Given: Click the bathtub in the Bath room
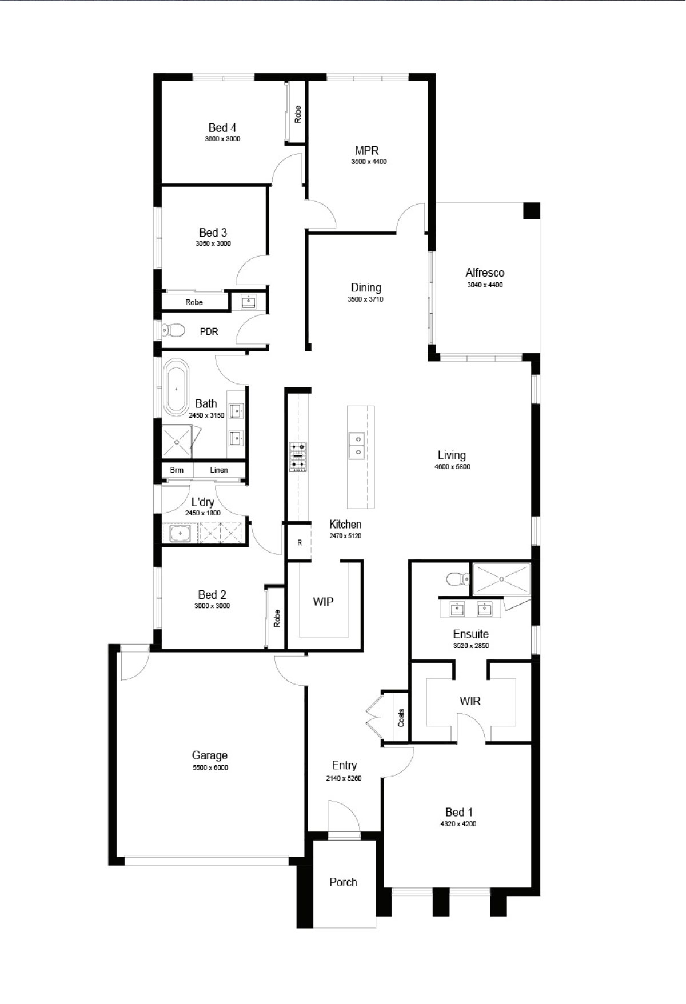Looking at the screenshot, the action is (x=176, y=387).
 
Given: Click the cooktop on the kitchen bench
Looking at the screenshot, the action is (x=297, y=457).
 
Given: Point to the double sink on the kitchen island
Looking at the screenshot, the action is (x=357, y=445).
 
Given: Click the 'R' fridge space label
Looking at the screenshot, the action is (x=300, y=543).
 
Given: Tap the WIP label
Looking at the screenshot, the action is (x=323, y=602).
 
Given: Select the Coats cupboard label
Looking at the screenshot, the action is (x=401, y=718).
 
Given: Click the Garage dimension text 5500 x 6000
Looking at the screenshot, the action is (x=210, y=767).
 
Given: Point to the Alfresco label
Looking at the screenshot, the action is (x=485, y=273).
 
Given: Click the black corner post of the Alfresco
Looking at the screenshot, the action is (x=532, y=210).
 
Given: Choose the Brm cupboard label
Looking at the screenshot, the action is (x=177, y=470).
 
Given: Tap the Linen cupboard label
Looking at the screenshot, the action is (x=219, y=470).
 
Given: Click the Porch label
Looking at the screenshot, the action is (x=343, y=882).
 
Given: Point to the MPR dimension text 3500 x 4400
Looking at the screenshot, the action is (x=369, y=162).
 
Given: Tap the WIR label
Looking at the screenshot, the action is (x=470, y=701).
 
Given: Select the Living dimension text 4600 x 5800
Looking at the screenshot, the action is (x=452, y=467).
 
